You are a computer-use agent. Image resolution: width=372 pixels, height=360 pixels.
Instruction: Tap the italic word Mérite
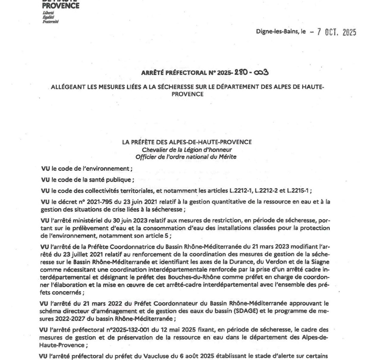(x=229, y=157)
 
